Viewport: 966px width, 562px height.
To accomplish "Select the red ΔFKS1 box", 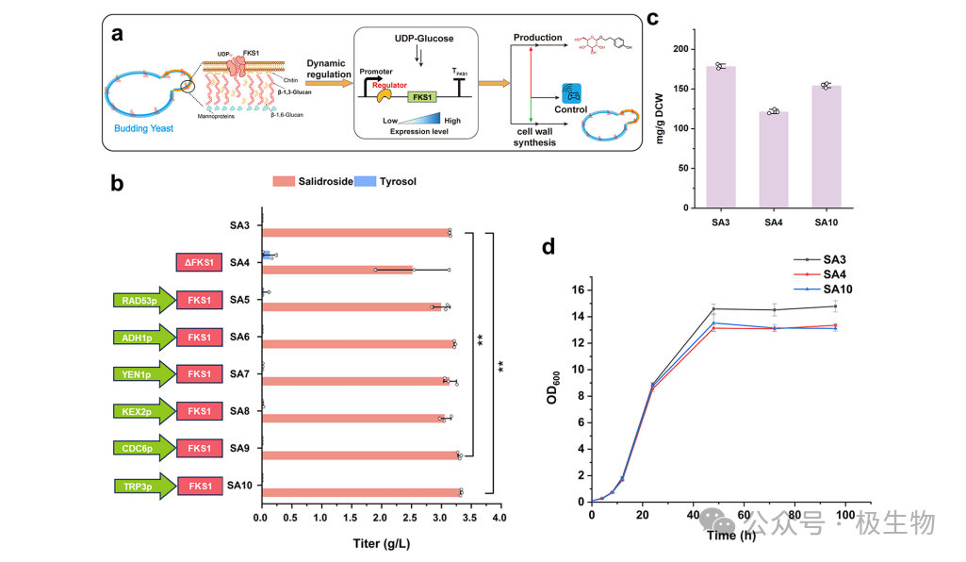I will click(x=198, y=263).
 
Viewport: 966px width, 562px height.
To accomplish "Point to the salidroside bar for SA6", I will click(x=357, y=344).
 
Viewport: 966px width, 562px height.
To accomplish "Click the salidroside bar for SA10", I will click(x=360, y=492).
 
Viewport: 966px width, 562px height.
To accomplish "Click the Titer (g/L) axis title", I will click(x=382, y=543).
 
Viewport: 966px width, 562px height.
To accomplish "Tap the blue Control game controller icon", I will click(x=571, y=93).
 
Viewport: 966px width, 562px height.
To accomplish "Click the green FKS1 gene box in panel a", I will click(x=420, y=96).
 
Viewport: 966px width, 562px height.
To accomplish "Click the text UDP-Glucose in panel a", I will click(x=418, y=38).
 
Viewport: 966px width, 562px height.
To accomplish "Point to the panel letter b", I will click(x=117, y=184).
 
